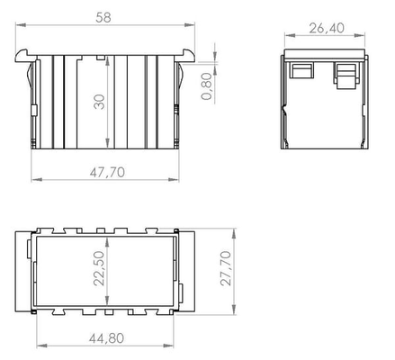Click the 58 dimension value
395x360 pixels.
coord(103,17)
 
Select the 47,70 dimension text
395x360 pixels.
coord(107,172)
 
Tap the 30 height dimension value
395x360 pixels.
coord(99,102)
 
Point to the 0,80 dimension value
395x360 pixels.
coord(207,86)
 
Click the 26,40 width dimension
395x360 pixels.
coord(327,28)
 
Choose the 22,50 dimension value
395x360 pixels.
coord(99,268)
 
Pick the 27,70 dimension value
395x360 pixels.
coord(226,268)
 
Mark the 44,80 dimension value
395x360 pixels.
coord(106,338)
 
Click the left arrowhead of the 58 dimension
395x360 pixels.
coord(21,25)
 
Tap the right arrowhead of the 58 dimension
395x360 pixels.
coord(190,25)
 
